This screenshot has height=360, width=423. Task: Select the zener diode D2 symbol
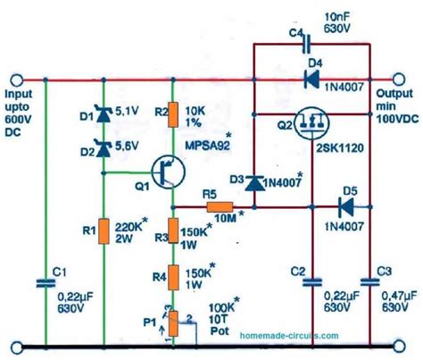tap(104, 139)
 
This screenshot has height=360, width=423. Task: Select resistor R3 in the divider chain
tap(174, 234)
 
